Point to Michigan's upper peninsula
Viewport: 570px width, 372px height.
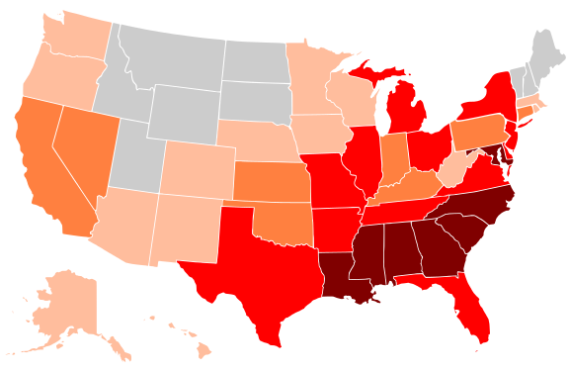(370, 73)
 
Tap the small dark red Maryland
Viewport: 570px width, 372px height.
(491, 153)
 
